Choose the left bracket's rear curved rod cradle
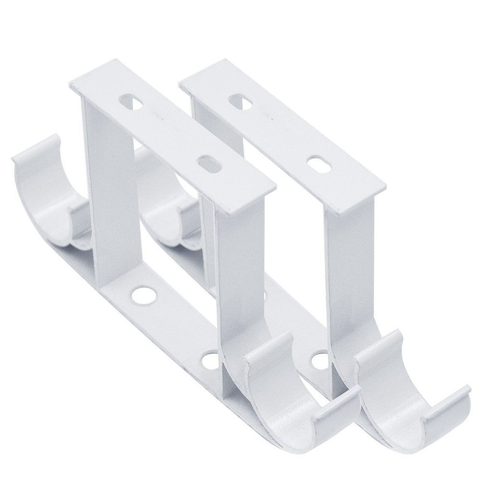43,192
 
